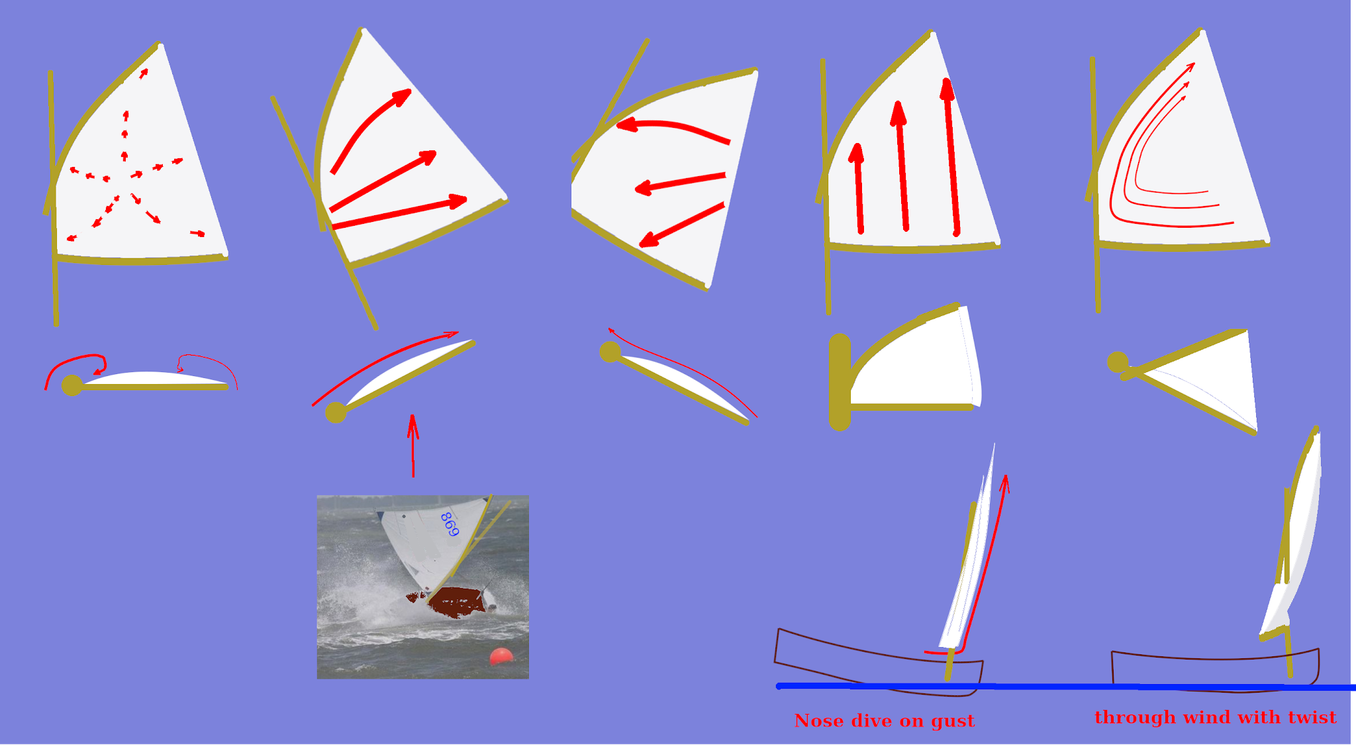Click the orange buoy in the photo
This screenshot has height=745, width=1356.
[501, 657]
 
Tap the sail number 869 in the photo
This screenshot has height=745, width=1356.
[450, 524]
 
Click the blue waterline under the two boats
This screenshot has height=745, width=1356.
[1066, 687]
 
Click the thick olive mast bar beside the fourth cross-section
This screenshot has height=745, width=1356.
[840, 382]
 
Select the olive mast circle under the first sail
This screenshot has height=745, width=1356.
[72, 385]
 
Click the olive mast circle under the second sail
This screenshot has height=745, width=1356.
[336, 412]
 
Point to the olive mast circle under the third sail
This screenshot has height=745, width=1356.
[610, 352]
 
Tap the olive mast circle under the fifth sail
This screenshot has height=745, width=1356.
[1118, 362]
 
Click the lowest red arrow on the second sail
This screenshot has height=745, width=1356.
[399, 212]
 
